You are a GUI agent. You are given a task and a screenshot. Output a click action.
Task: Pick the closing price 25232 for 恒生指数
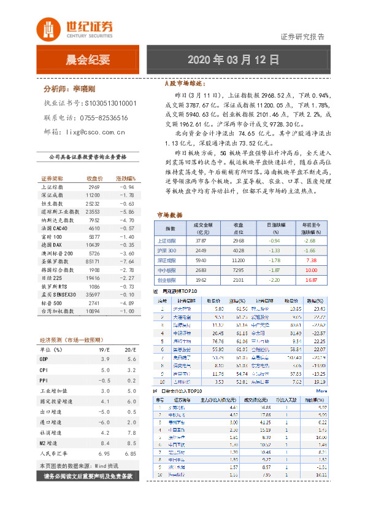tap(93, 203)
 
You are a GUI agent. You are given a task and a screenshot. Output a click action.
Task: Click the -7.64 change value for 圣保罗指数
tap(126, 261)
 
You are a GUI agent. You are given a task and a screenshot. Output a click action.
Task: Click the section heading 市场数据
tap(170, 216)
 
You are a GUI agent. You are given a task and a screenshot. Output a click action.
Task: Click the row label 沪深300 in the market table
tap(167, 251)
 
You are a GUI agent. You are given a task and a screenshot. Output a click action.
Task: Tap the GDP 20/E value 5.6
tap(131, 359)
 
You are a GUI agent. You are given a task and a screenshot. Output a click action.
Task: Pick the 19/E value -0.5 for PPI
tap(104, 380)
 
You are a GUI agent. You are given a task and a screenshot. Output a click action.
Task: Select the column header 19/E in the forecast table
tap(104, 349)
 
